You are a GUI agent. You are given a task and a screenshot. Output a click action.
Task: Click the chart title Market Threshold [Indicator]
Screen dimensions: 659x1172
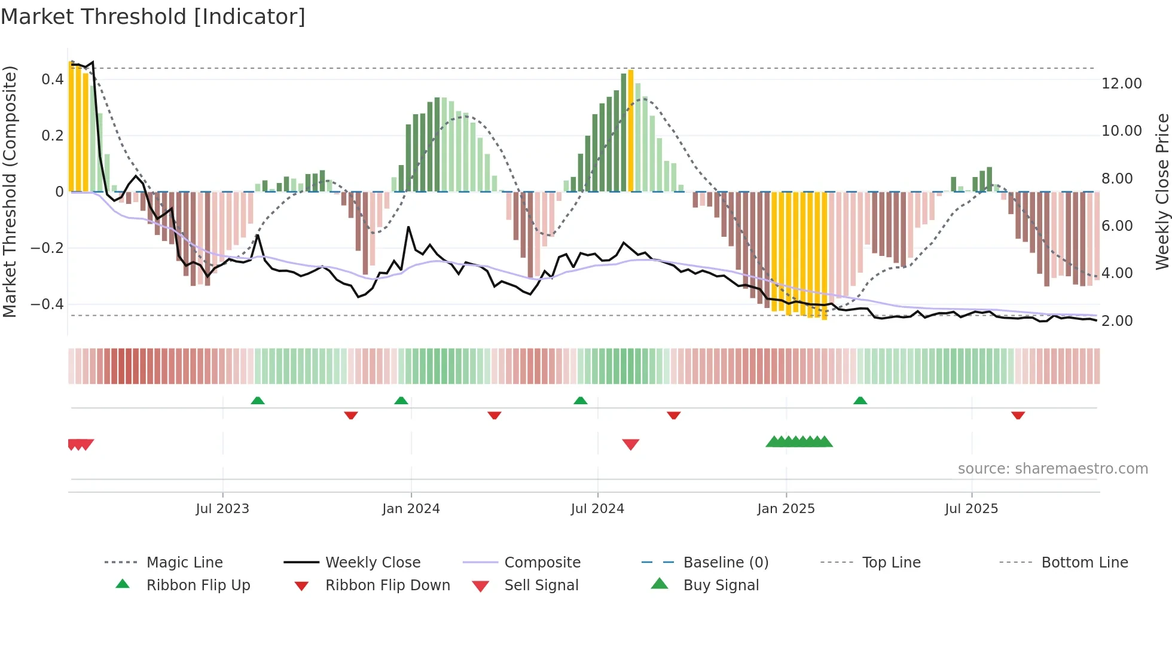point(153,17)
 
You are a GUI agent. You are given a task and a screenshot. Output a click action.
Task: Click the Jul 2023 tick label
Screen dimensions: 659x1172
point(222,509)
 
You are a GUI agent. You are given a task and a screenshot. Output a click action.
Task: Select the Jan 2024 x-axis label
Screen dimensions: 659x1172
point(411,509)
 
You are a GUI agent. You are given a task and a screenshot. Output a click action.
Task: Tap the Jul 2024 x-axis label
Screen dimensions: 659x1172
point(597,509)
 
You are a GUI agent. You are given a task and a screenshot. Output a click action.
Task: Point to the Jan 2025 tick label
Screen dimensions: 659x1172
point(786,509)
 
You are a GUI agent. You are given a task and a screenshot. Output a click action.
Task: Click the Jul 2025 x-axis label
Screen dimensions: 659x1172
point(971,509)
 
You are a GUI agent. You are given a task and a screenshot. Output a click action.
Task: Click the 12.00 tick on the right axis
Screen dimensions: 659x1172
point(1121,84)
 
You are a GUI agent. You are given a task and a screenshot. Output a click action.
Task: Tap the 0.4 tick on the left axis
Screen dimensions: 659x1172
point(53,80)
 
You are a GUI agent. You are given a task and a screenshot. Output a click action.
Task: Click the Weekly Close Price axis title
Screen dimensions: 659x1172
point(1162,191)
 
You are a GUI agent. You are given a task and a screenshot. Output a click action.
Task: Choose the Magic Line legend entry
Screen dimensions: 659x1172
point(184,563)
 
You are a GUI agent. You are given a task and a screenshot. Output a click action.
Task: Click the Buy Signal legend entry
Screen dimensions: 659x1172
point(721,585)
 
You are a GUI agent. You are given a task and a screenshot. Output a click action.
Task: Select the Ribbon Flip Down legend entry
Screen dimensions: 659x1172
point(387,585)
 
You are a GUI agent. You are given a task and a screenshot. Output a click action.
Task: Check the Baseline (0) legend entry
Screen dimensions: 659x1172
point(725,563)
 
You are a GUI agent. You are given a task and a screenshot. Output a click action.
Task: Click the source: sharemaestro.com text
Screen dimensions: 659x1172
point(1052,469)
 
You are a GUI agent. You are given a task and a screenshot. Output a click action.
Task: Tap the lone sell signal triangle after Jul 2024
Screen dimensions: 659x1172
point(631,444)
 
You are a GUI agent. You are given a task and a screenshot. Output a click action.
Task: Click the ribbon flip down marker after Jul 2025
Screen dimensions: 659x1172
point(1018,415)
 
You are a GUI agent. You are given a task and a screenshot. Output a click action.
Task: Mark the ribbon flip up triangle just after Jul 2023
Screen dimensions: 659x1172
point(258,401)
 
